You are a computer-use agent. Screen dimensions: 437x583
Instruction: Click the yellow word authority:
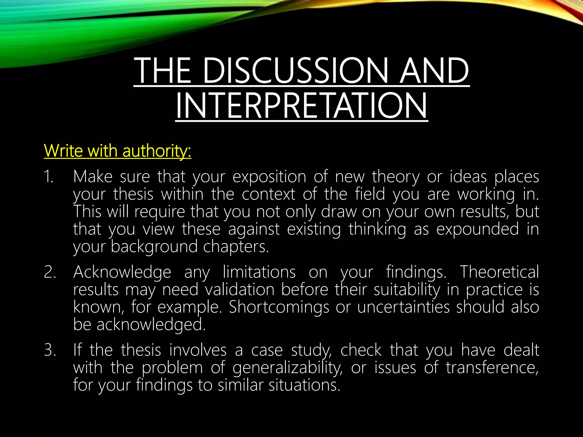coord(157,151)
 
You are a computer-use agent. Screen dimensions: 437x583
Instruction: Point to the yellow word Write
coord(63,151)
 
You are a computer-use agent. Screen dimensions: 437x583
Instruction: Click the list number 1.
coord(48,177)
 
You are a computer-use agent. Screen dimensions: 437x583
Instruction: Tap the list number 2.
coord(50,272)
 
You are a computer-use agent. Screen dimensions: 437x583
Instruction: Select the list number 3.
coord(50,350)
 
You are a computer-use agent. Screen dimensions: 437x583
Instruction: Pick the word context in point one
coord(268,194)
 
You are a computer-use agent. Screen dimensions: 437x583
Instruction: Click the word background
coord(154,247)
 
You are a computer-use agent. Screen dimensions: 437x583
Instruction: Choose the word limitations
coord(259,272)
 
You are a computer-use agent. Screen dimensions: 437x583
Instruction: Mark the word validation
coord(240,290)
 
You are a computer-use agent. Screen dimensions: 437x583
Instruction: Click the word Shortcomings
coord(279,308)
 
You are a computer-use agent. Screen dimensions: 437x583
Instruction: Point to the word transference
coord(492,368)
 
